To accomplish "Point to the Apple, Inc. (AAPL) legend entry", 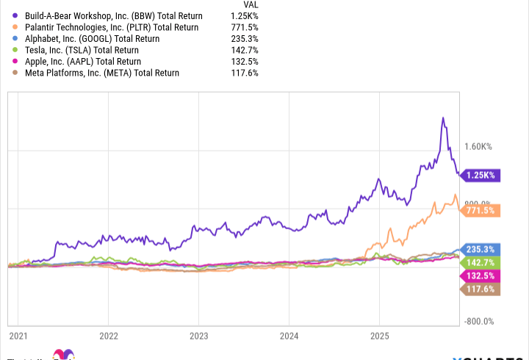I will point(82,62).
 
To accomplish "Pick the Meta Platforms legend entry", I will point(99,73).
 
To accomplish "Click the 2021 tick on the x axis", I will point(18,336).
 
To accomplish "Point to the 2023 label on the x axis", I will point(198,336).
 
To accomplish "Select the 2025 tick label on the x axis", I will point(379,336).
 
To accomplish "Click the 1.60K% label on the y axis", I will point(479,146).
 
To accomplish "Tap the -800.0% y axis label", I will point(478,321).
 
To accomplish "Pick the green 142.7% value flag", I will point(479,262).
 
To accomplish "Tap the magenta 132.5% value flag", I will point(479,276).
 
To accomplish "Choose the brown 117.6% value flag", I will point(479,289).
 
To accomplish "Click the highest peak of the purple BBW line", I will point(442,118).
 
